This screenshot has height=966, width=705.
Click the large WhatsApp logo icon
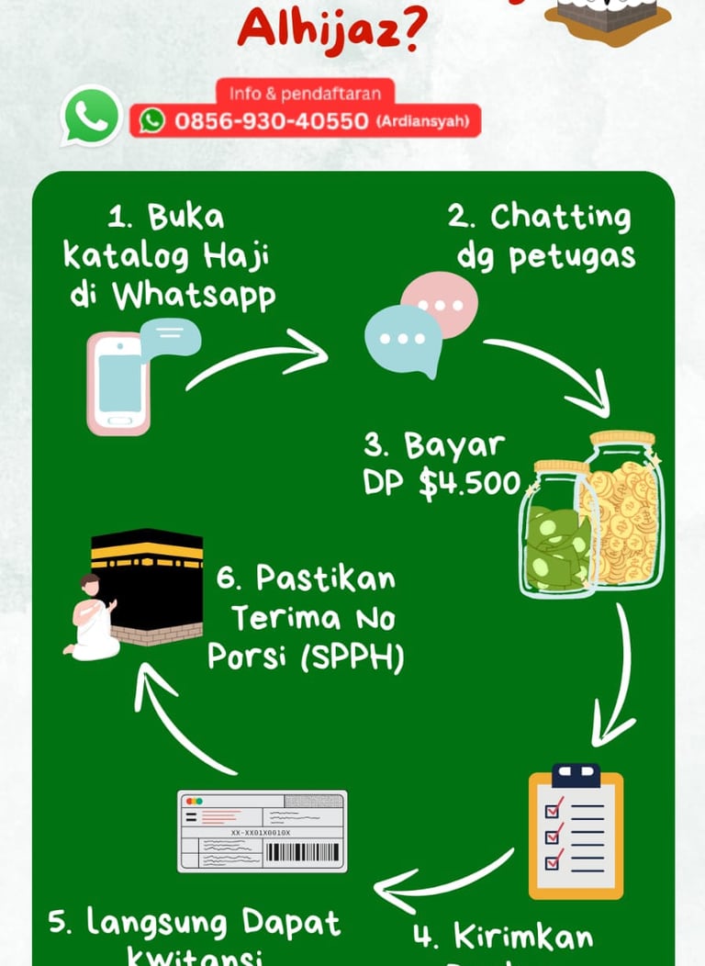point(91,116)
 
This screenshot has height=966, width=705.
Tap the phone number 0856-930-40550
point(272,121)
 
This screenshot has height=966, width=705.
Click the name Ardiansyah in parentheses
point(421,121)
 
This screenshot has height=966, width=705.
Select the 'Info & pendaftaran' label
point(306,94)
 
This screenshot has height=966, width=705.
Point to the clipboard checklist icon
point(576,831)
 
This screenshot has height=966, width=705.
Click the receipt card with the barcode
point(263,831)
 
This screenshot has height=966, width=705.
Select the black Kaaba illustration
point(148,583)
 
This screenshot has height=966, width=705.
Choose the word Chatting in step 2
point(561,218)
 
